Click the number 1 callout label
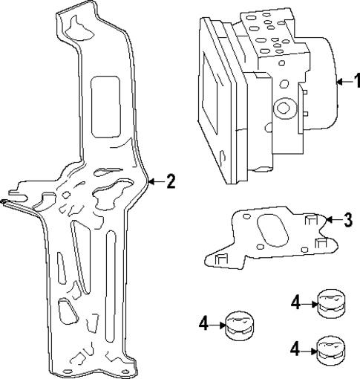[x=353, y=82]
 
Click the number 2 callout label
[x=171, y=181]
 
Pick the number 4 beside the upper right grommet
[x=295, y=302]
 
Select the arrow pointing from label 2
[x=156, y=181]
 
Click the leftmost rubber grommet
[x=238, y=324]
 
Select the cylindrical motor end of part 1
[x=323, y=82]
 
